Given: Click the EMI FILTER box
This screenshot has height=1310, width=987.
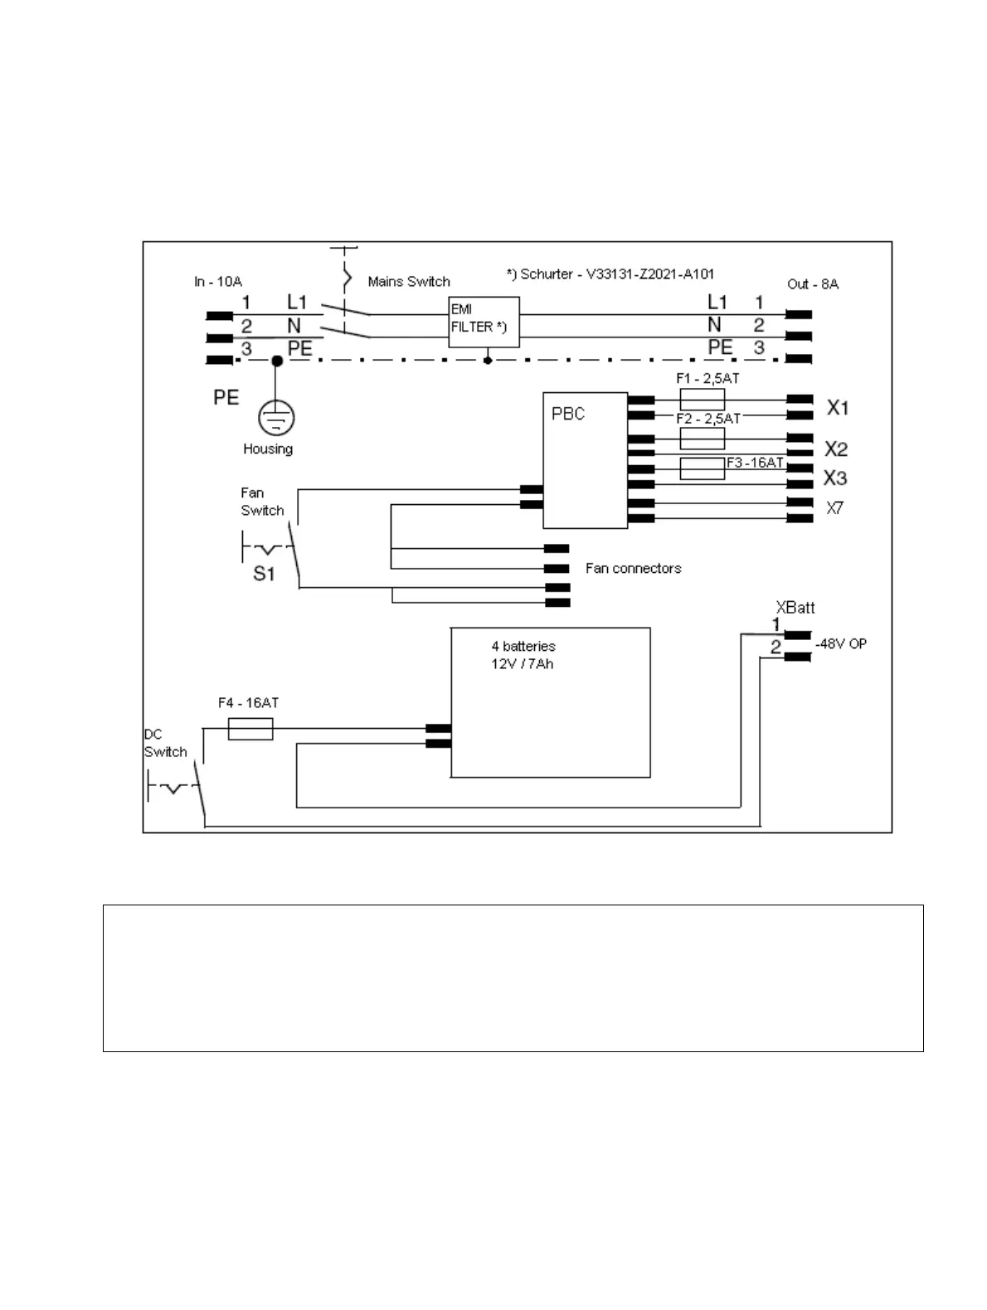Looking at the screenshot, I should (484, 321).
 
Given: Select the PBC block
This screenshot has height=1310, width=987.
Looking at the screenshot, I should (585, 460).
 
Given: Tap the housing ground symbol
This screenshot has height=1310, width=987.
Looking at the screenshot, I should (276, 418).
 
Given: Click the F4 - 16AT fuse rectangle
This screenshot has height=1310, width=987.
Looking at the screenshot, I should (250, 729).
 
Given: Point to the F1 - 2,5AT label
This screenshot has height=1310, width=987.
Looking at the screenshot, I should (707, 378).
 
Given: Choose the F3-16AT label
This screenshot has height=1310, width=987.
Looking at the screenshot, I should (755, 463).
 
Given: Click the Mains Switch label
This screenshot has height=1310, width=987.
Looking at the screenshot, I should (409, 282).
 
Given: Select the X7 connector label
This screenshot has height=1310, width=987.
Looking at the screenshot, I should (834, 508).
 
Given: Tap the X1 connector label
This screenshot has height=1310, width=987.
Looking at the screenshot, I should (838, 408).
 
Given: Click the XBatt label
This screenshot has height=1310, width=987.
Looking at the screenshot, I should (795, 607).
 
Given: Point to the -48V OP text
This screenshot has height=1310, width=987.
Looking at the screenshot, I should (841, 644).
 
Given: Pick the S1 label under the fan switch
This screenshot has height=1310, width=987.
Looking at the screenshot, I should (264, 573).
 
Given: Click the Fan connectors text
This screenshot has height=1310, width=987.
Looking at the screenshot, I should (633, 568).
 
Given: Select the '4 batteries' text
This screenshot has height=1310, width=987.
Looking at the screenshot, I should (523, 646).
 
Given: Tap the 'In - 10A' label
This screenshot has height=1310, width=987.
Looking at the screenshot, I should (218, 282).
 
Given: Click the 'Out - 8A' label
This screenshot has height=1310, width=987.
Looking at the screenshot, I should (813, 284).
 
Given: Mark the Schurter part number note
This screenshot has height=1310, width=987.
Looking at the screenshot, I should (610, 274).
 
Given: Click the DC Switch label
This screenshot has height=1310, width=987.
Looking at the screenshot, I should (165, 744).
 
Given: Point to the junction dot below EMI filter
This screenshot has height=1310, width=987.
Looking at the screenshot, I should (488, 361).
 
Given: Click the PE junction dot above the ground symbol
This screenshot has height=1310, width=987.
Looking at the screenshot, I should (277, 361).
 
